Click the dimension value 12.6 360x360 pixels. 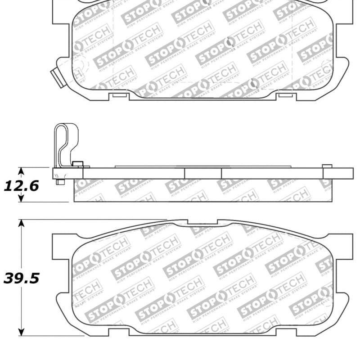click(x=21, y=185)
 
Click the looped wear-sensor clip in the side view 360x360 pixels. click(x=65, y=144)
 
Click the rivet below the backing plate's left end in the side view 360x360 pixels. click(x=59, y=182)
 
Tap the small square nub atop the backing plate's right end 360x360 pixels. click(x=327, y=166)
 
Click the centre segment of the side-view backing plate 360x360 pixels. click(x=202, y=173)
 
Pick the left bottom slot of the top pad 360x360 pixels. click(x=119, y=95)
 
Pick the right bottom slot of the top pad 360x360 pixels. click(x=284, y=95)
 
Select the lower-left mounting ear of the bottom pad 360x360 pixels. click(x=64, y=302)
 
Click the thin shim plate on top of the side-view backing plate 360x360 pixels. click(x=202, y=166)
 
